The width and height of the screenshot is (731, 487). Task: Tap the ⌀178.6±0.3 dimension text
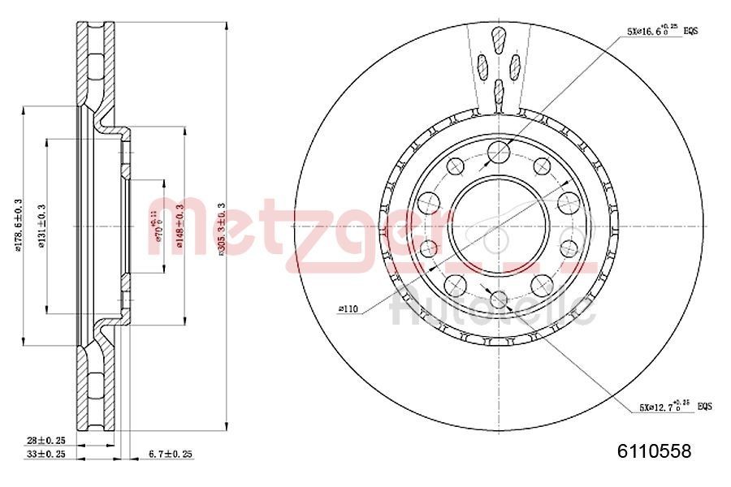click(x=18, y=225)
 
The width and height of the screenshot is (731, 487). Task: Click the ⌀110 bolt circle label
click(x=349, y=309)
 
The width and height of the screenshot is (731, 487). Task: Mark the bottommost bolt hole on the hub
click(x=499, y=299)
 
